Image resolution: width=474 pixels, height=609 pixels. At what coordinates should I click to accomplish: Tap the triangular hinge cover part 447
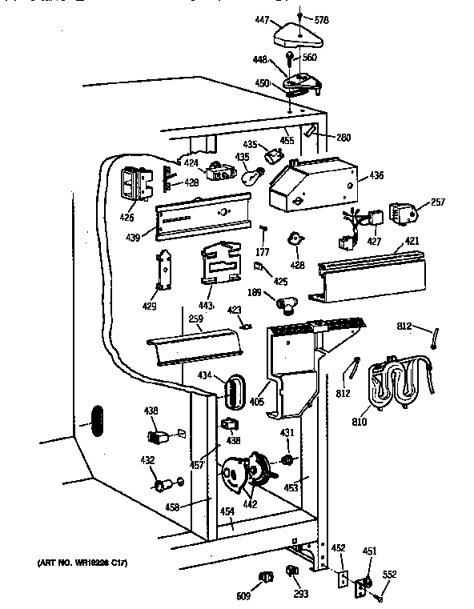298,34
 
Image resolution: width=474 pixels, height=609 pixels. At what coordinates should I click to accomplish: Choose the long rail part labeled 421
369,276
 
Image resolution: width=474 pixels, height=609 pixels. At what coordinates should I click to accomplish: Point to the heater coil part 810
397,384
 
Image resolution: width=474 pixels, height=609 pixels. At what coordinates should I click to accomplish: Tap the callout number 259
195,319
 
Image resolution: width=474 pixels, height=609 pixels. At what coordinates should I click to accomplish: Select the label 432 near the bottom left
147,460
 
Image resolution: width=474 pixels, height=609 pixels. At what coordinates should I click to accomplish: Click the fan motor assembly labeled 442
244,474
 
